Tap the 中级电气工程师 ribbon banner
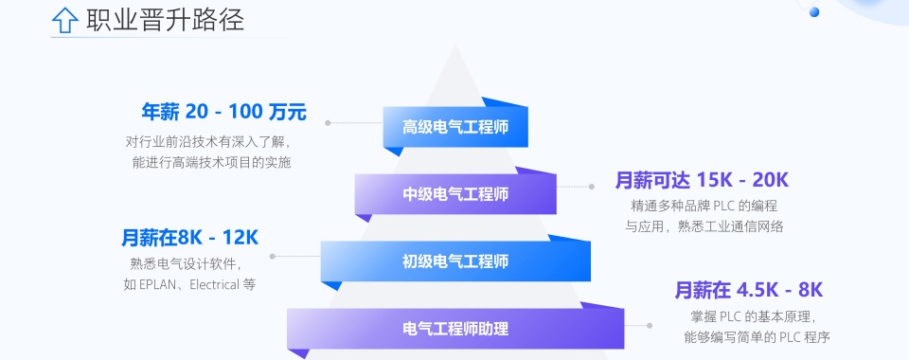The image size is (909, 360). click(455, 193)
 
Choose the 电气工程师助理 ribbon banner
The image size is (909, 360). click(455, 329)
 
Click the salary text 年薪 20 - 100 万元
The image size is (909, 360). click(224, 111)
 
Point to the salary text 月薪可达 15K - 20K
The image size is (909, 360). click(702, 180)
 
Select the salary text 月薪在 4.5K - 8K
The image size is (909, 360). click(748, 290)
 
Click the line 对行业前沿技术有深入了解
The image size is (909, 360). click(207, 141)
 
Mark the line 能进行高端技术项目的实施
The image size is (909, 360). click(212, 162)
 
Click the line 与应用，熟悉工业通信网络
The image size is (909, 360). click(704, 225)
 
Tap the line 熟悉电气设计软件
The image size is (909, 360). click(186, 263)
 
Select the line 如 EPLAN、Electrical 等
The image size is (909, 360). click(189, 284)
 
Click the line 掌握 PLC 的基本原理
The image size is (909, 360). click(752, 315)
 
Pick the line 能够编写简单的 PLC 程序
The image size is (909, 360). click(757, 336)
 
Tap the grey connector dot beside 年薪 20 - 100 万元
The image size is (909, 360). click(328, 122)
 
